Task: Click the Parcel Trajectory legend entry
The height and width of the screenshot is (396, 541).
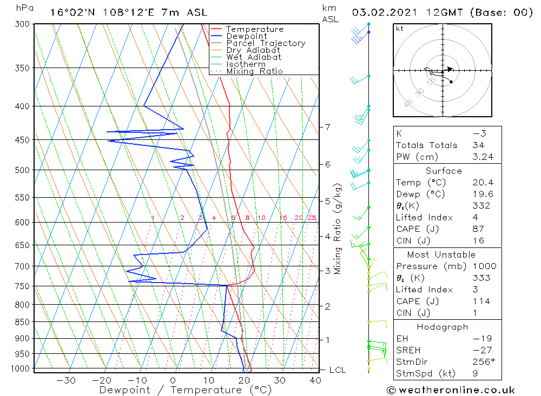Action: pos(266,43)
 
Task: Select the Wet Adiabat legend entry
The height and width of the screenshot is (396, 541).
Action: pos(254,57)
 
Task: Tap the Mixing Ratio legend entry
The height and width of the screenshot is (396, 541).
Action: pos(254,71)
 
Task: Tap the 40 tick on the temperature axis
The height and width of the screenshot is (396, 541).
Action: pos(315,380)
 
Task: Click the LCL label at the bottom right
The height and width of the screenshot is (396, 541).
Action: pos(337,370)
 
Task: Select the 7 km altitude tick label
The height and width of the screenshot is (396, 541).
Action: pos(327,127)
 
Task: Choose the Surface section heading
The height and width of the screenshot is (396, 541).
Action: pos(444,171)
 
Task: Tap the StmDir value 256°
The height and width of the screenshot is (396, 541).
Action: pos(481,362)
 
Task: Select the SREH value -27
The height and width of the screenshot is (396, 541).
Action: pos(480,350)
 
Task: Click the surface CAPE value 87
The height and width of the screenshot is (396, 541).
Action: pos(477,229)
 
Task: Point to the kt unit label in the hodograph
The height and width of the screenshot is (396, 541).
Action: pos(399,29)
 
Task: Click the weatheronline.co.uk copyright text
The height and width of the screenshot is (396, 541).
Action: pos(451,390)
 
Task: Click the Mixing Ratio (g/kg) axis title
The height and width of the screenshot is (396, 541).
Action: pos(338,229)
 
